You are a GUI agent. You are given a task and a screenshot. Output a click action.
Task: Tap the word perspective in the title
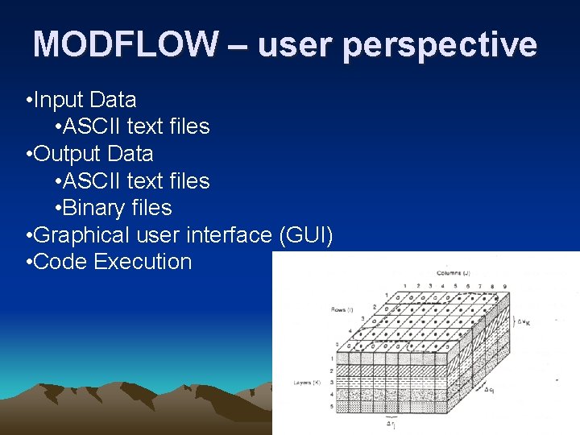point(439,45)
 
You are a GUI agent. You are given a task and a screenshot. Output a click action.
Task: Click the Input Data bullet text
point(85,100)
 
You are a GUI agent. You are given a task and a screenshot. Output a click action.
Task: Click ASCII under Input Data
point(92,126)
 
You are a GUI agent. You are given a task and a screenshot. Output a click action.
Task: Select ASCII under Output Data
point(92,181)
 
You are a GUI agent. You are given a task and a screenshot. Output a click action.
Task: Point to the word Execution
point(143,262)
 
